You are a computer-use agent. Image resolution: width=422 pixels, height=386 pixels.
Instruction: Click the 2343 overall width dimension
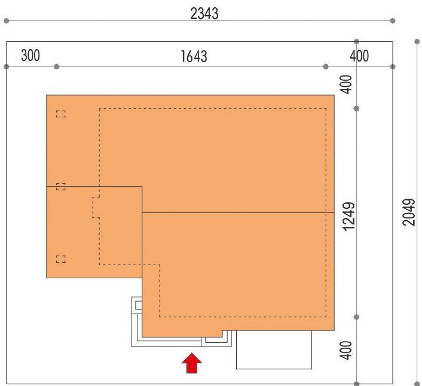[x=204, y=14]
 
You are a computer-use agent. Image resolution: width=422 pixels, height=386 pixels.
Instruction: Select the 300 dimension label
[x=30, y=56]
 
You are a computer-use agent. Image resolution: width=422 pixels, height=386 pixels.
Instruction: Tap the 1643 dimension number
[x=194, y=56]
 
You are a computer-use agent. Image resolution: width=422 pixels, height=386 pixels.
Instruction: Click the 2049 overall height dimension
[x=409, y=212]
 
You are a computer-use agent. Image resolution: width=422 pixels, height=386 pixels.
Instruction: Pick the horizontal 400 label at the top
[x=359, y=56]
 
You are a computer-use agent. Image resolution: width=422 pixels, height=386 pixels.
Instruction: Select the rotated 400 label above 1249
[x=346, y=84]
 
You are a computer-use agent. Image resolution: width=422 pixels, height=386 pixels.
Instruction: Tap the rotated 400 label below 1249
[x=346, y=350]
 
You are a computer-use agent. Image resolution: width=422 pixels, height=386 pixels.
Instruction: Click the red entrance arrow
[x=192, y=363]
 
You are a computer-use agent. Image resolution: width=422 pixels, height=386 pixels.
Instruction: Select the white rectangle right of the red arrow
[x=274, y=349]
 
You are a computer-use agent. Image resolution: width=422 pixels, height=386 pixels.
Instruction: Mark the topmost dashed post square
[x=61, y=114]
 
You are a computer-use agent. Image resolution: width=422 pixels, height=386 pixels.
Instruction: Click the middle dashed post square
[x=61, y=186]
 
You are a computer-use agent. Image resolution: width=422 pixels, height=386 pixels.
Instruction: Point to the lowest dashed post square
[x=61, y=259]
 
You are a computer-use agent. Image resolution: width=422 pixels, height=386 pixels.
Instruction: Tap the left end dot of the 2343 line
[x=7, y=21]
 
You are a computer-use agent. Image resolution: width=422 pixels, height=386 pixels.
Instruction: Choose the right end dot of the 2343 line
[x=393, y=21]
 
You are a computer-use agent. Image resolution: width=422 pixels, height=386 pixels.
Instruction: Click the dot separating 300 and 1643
[x=56, y=66]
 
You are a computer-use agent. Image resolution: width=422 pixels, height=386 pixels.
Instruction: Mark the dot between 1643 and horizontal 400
[x=326, y=66]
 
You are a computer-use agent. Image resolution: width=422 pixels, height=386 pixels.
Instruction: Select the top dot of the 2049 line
[x=417, y=41]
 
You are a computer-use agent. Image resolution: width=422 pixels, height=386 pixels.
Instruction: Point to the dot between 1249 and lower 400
[x=356, y=317]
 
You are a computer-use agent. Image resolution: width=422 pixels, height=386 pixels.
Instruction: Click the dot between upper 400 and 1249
[x=356, y=108]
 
